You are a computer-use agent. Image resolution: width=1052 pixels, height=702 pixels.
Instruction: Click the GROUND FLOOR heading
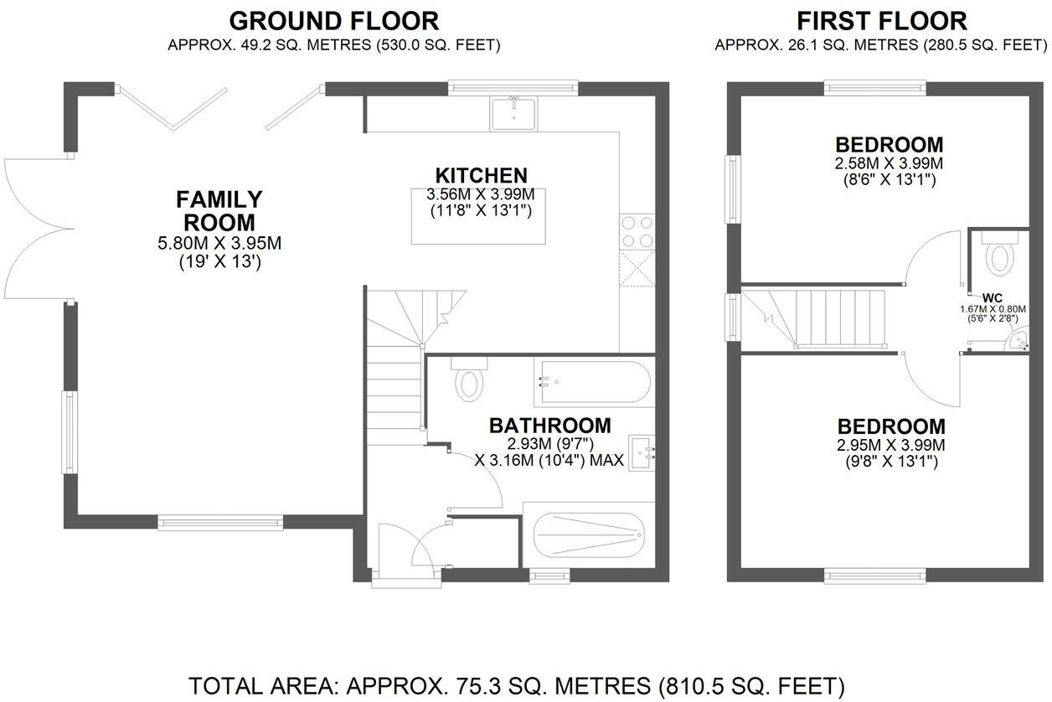[333, 20]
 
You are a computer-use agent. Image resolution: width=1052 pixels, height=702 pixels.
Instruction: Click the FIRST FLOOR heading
[881, 20]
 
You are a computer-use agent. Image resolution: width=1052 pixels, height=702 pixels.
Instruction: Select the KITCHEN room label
[481, 176]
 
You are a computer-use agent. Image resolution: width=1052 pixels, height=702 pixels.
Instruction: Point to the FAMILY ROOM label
[219, 211]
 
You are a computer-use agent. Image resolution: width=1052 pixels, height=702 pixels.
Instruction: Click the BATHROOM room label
[549, 426]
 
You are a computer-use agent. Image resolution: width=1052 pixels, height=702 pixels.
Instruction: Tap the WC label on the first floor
[992, 297]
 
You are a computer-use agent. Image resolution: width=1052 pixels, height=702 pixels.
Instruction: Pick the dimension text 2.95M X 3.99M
[891, 445]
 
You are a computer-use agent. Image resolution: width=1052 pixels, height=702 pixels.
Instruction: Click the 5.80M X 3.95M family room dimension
[219, 244]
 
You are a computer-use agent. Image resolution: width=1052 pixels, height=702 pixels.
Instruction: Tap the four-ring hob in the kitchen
[636, 232]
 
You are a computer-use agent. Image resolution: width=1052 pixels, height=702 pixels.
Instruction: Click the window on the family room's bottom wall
[221, 523]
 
